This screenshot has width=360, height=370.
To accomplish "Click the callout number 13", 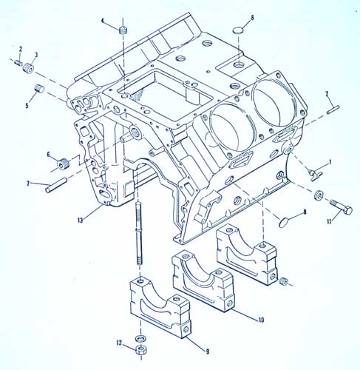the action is click(81, 221).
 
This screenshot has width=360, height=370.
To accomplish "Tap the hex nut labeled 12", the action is click(141, 350).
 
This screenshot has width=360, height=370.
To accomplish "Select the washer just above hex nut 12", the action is click(140, 337).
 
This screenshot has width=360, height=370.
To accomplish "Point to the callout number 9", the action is click(208, 351).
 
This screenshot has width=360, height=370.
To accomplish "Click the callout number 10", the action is click(261, 320).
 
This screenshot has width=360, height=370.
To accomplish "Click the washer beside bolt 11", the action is click(319, 195).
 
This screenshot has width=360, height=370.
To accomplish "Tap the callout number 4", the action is click(103, 21).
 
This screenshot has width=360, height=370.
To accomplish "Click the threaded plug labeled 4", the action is click(123, 30).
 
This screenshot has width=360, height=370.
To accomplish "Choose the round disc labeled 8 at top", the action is click(238, 30).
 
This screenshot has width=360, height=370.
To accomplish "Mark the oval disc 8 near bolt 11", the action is click(284, 222).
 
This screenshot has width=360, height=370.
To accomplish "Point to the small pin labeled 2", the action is click(18, 63).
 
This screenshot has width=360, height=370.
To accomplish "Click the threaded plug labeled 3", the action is click(30, 68).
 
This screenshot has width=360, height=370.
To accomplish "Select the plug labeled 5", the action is click(39, 88).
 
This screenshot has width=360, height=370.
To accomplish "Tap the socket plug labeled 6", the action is click(63, 164).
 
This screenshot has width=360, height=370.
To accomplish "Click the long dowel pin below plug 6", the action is click(56, 185).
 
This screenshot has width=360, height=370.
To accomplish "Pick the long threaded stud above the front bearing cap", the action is click(139, 233).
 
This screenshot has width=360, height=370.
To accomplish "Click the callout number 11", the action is click(329, 221).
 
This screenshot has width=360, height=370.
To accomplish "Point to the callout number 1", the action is click(330, 162).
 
